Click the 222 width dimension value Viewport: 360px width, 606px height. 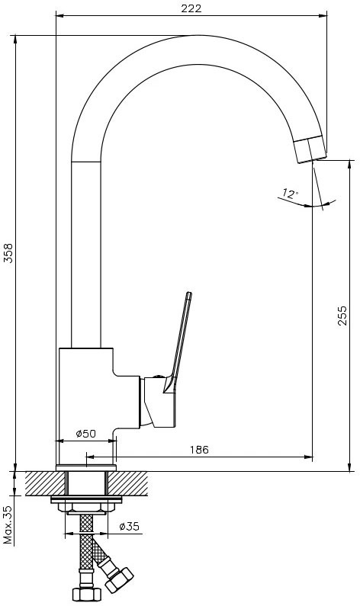click(191, 8)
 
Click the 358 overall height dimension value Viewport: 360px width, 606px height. click(8, 253)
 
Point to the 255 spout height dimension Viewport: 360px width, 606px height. click(342, 316)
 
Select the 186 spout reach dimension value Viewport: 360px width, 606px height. click(199, 450)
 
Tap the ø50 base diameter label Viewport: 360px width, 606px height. click(86, 434)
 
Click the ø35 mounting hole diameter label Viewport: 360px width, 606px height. click(130, 527)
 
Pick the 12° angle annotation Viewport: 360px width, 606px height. click(291, 193)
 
